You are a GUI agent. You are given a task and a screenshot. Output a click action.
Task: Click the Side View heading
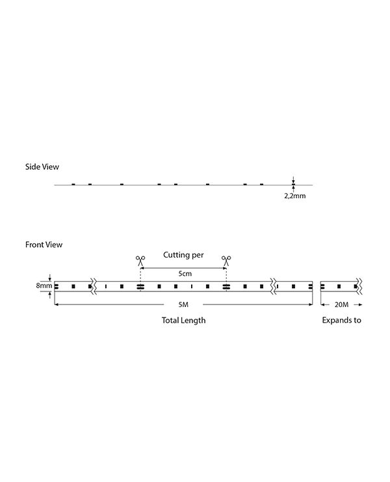(42, 167)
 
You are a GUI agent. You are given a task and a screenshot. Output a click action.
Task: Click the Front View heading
(44, 245)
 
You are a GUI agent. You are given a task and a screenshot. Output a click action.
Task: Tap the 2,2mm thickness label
(295, 196)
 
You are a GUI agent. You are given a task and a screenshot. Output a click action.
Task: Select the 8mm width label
(44, 286)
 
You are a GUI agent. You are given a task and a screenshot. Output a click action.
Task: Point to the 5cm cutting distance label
(185, 274)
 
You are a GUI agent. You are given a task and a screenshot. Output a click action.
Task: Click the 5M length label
(183, 304)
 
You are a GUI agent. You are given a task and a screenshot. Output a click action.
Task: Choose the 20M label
(341, 304)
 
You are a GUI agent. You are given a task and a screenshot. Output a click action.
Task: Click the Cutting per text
(183, 255)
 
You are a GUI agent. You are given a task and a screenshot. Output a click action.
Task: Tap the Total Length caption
(184, 320)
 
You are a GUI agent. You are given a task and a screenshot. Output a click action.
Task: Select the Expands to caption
(341, 320)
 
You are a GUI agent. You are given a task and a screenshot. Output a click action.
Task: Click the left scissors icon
(140, 261)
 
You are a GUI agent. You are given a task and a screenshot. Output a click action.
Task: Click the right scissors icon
(226, 261)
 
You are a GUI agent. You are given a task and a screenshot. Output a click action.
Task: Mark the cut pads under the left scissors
(140, 286)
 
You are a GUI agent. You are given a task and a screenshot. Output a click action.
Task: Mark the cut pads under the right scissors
(226, 286)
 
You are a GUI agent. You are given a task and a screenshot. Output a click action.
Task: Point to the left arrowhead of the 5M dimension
(56, 304)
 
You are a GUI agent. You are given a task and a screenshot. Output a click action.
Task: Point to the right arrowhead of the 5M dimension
(311, 304)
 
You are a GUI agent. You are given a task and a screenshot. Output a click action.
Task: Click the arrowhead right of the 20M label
(361, 304)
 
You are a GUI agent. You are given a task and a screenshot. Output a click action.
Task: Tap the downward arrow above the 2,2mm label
(293, 180)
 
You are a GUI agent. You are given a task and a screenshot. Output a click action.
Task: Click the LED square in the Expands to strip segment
(339, 286)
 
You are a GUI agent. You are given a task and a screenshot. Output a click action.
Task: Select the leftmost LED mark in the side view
(73, 185)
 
